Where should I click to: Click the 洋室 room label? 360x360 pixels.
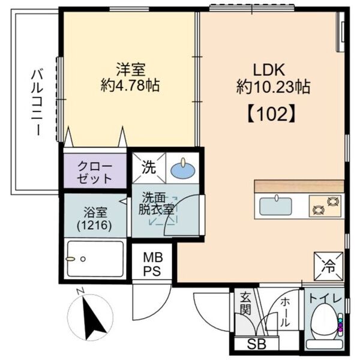click(x=130, y=70)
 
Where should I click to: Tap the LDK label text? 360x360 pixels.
click(x=269, y=70)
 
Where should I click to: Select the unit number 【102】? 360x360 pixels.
click(x=271, y=114)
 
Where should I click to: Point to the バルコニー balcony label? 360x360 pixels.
click(x=37, y=103)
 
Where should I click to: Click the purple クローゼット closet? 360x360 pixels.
click(x=95, y=170)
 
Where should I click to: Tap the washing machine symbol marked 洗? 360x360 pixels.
click(x=149, y=168)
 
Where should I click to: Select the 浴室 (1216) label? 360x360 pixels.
click(x=95, y=218)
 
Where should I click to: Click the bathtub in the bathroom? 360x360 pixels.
click(x=95, y=259)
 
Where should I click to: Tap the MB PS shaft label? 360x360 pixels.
click(x=152, y=264)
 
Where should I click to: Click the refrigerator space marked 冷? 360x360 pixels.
click(x=329, y=266)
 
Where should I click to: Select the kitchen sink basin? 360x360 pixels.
click(x=275, y=206)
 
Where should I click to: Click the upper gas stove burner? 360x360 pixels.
click(x=332, y=201)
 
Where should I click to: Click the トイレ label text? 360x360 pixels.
click(x=325, y=299)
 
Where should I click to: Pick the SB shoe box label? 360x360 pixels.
click(x=257, y=344)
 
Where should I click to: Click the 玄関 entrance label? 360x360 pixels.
click(x=245, y=304)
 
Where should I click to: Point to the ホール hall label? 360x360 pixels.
click(x=285, y=313)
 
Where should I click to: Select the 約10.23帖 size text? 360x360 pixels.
click(x=274, y=86)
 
